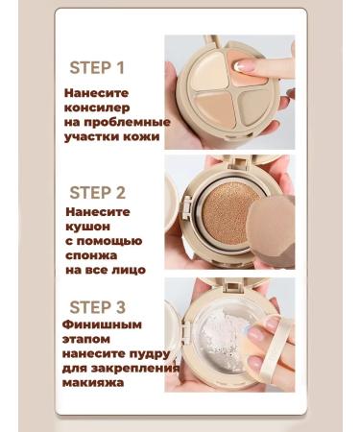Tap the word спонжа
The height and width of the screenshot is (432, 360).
[92, 256]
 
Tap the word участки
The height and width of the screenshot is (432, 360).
[93, 137]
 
